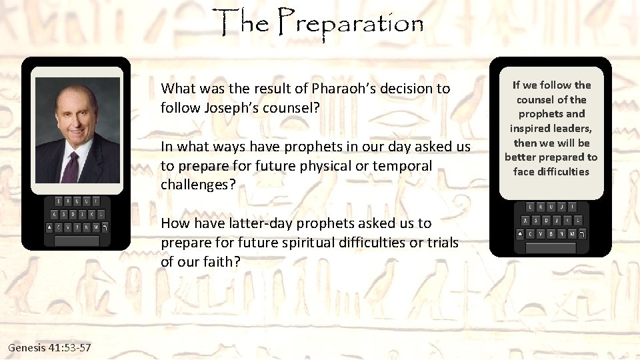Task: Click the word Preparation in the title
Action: click(x=351, y=24)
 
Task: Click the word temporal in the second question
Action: click(x=405, y=165)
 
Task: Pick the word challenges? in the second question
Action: click(x=198, y=185)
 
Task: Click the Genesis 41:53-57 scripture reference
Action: click(x=50, y=348)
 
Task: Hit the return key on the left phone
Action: click(x=105, y=227)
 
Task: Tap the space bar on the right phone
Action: click(x=551, y=247)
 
